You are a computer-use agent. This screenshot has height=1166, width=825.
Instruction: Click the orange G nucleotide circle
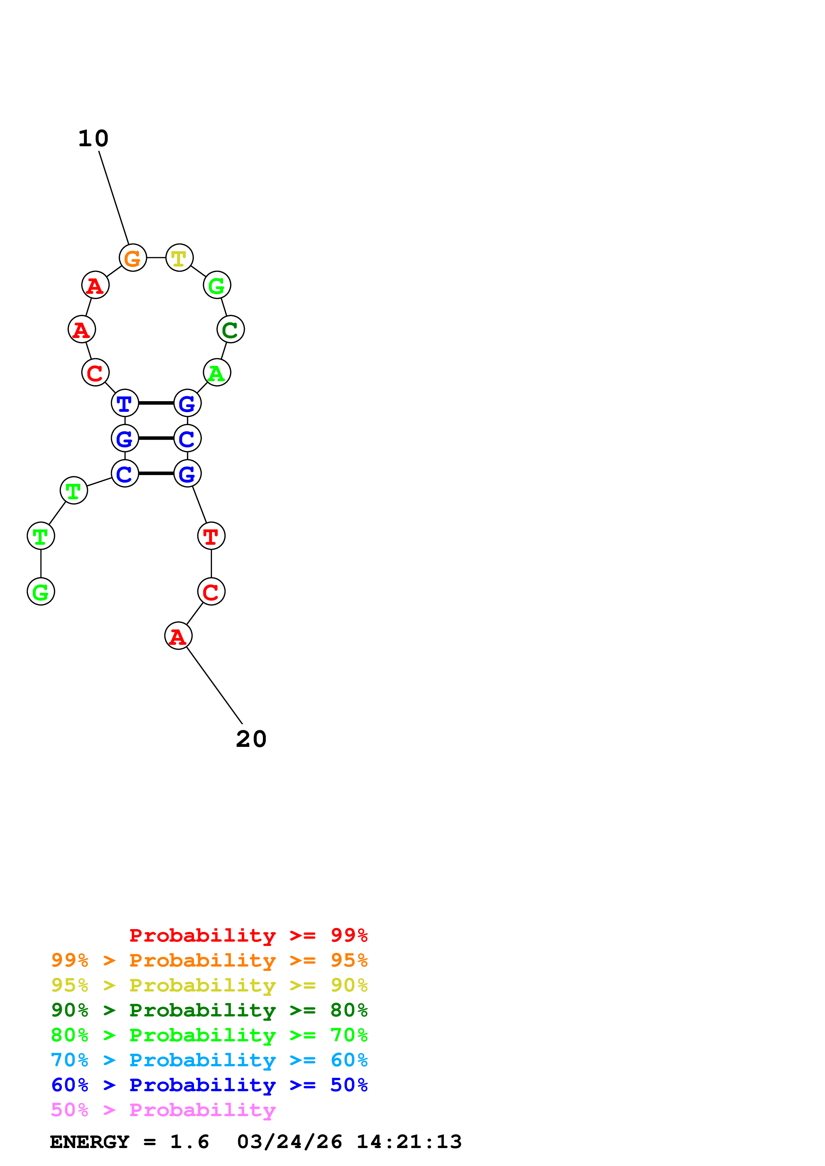click(x=133, y=258)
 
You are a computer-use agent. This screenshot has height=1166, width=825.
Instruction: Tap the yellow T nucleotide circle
click(x=179, y=258)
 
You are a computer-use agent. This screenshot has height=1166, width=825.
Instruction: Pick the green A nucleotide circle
click(x=217, y=372)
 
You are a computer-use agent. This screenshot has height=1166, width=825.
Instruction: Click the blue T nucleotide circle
click(x=125, y=403)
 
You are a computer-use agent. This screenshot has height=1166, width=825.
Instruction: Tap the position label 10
click(x=94, y=138)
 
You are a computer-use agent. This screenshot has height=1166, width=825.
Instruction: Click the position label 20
click(x=251, y=739)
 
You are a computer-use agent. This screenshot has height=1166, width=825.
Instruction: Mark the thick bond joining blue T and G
click(x=156, y=403)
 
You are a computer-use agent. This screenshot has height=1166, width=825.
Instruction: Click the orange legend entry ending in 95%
click(x=209, y=960)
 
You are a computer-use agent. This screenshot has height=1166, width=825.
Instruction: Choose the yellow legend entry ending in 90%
click(x=209, y=985)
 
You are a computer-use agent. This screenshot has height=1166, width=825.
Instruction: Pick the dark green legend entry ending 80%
click(x=209, y=1010)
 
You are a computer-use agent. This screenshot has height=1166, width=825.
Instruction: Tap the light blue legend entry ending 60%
click(x=209, y=1060)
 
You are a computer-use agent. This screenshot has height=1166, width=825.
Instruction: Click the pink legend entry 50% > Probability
click(x=163, y=1109)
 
